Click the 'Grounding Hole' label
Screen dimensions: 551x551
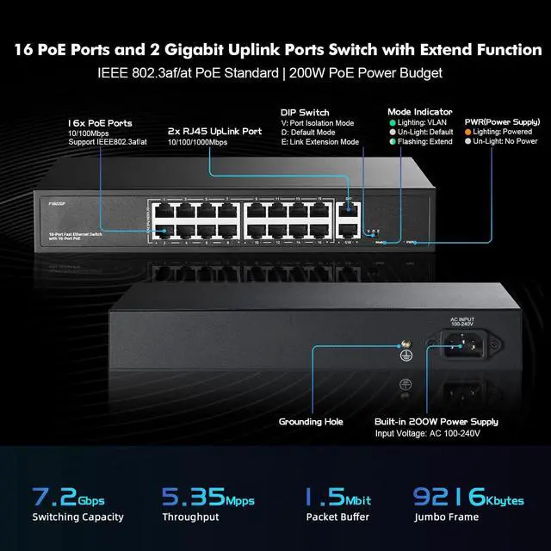310,422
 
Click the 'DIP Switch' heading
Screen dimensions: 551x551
305,112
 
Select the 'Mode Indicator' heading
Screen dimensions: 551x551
419,112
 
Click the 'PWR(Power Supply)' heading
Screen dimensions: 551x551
502,121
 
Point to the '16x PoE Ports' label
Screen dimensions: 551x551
101,123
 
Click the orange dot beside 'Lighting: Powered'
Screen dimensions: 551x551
467,132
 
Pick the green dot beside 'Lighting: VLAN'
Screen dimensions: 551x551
391,122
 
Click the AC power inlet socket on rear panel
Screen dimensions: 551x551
463,344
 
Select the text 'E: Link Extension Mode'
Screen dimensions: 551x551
319,141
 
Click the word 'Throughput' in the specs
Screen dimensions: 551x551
190,517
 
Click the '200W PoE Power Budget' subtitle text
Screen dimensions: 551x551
390,74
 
